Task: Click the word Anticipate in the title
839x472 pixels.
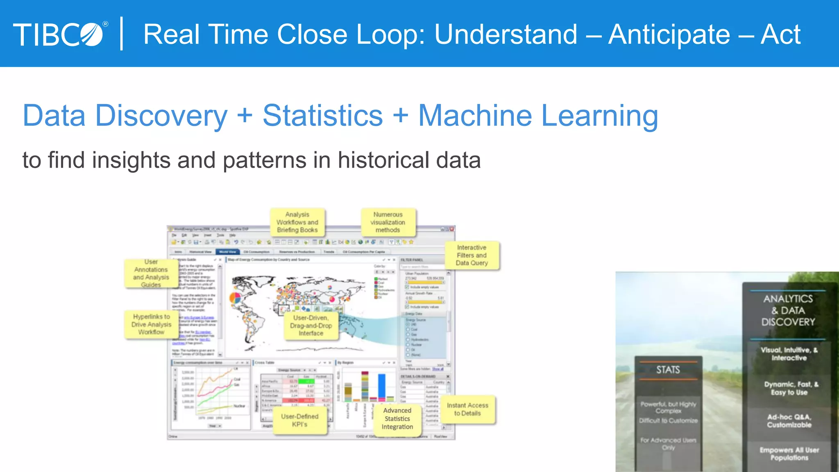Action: [x=669, y=34]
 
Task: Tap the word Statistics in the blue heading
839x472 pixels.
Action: [x=322, y=116]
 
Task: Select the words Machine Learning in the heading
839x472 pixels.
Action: [x=538, y=116]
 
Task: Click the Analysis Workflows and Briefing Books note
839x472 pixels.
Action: [x=297, y=222]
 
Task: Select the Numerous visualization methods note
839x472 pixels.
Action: [x=388, y=222]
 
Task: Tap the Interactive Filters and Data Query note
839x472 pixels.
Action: [x=472, y=255]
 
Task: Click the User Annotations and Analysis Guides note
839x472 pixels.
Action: [x=151, y=273]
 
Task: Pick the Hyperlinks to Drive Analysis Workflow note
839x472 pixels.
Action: [x=151, y=324]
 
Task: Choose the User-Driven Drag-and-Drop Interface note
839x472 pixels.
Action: [x=311, y=326]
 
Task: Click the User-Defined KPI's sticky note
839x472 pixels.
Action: [x=299, y=420]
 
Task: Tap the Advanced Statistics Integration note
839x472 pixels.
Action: [x=397, y=418]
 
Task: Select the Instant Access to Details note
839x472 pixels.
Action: [x=467, y=409]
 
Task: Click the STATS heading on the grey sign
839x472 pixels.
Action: [x=668, y=370]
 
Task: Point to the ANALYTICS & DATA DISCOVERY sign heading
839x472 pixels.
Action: [x=788, y=311]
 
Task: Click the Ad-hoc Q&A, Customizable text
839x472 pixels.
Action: [x=789, y=421]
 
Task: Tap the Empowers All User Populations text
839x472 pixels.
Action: [x=789, y=454]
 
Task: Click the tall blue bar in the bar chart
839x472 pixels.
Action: [x=382, y=386]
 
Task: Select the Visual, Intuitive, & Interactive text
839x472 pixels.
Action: [x=789, y=354]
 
